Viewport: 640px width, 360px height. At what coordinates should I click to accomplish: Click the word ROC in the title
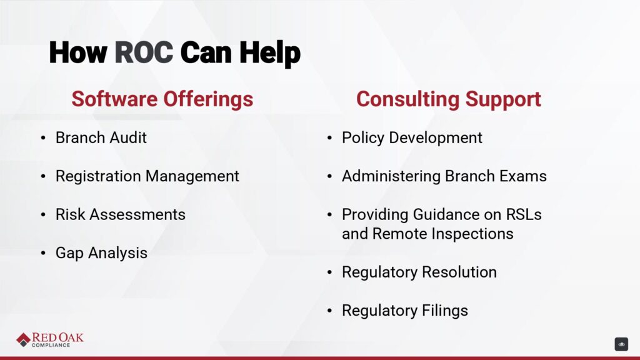(144, 52)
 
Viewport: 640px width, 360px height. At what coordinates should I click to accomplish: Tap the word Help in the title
(270, 54)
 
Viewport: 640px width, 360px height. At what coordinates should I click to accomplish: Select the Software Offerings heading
(162, 99)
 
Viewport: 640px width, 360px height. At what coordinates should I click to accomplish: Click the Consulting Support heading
(449, 99)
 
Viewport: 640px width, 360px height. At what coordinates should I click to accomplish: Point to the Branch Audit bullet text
(101, 137)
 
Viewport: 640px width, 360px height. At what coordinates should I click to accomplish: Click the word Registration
(99, 176)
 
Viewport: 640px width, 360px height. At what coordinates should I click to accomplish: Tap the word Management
(192, 176)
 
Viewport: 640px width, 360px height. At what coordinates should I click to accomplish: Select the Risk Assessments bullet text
(121, 214)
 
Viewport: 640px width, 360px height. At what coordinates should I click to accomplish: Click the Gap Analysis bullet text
(101, 253)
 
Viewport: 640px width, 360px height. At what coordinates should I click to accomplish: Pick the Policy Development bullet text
(412, 138)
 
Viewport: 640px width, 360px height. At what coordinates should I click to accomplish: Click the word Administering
(391, 176)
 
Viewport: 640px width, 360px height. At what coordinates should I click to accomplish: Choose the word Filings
(444, 311)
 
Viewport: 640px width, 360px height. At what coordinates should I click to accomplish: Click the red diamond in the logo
(24, 339)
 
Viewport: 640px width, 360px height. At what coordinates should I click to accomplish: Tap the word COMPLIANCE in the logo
(51, 345)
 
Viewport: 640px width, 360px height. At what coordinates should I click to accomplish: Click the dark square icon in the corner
(621, 344)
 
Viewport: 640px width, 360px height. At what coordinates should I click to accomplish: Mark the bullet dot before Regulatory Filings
(330, 311)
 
